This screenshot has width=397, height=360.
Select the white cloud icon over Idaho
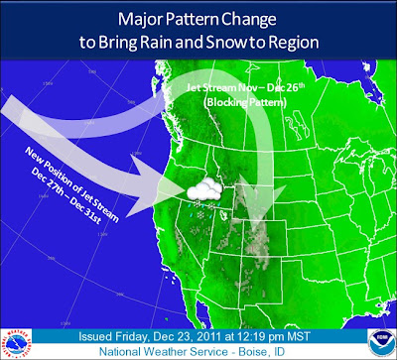click(x=204, y=189)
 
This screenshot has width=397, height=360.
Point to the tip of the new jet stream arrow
click(x=186, y=190)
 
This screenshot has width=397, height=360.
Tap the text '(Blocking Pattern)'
click(x=245, y=103)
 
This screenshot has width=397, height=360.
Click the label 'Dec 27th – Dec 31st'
click(x=66, y=197)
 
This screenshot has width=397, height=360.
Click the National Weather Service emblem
click(x=16, y=344)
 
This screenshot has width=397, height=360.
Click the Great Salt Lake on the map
click(x=224, y=215)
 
